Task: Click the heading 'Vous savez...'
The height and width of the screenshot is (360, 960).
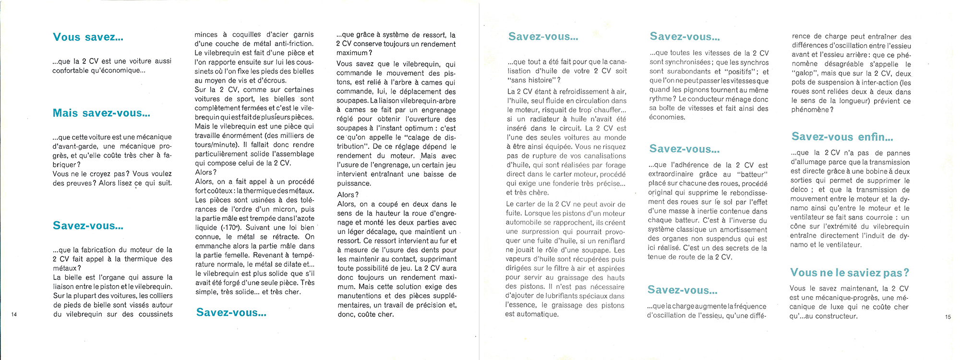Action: coord(88,37)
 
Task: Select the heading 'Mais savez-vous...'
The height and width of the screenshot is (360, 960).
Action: coord(101,113)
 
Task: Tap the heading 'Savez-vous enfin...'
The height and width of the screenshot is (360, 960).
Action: coord(842,137)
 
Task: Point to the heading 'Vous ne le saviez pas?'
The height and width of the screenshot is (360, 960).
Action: coord(849,273)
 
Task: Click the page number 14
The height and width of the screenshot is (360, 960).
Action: coord(14,314)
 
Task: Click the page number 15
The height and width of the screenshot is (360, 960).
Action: coord(948,316)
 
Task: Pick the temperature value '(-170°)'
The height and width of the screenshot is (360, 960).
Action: coord(232,228)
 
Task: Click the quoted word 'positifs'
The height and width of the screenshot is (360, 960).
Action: coord(735,72)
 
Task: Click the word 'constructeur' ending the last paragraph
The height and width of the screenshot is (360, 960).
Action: coord(833,316)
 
